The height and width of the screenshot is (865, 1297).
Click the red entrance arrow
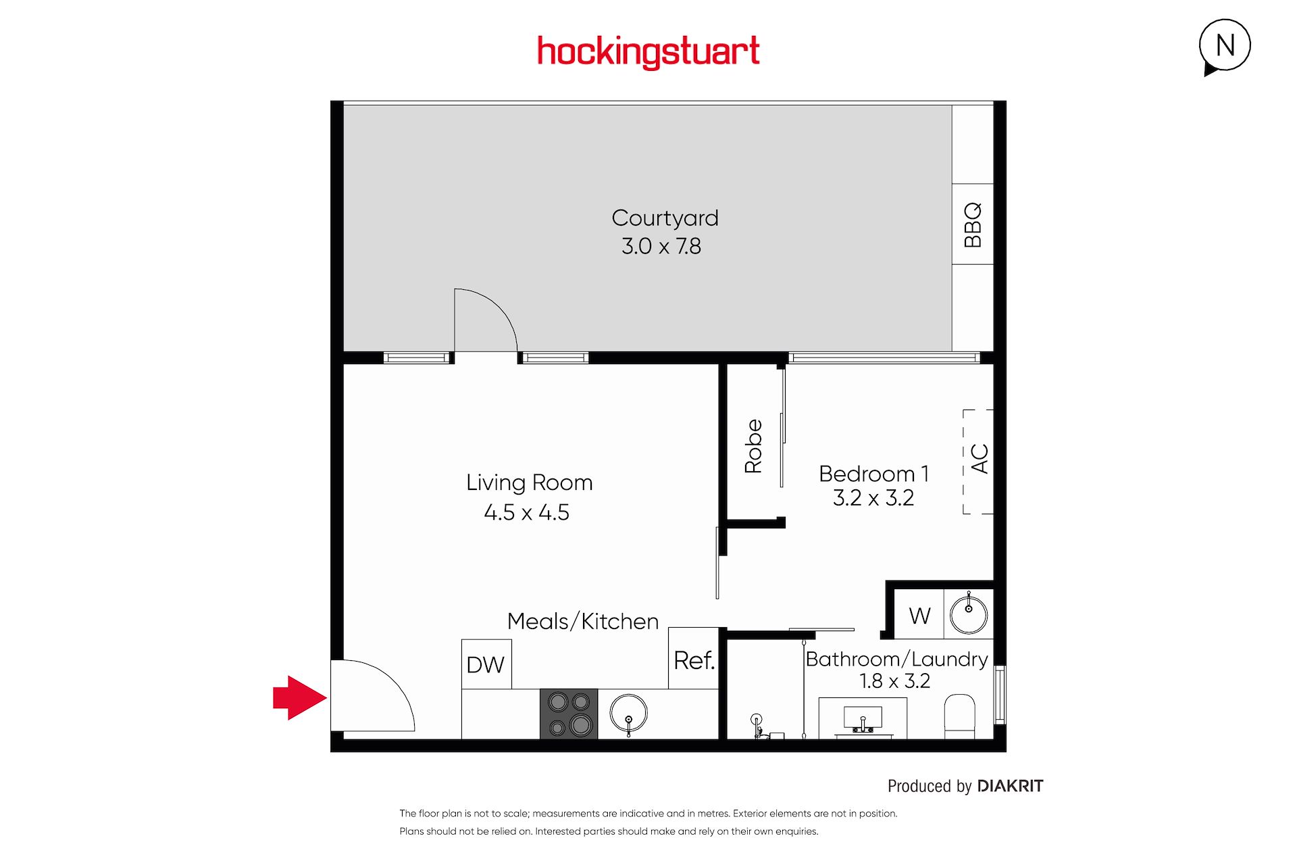point(300,697)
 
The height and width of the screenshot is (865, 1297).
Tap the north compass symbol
point(1225,47)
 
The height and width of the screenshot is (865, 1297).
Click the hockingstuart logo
point(648,52)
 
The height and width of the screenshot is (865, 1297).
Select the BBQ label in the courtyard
point(973,224)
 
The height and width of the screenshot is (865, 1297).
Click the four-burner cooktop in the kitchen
point(569,714)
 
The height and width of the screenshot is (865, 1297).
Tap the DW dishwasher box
point(486,664)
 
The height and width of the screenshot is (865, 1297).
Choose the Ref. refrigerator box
point(694,658)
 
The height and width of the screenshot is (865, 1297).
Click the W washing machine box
point(919,614)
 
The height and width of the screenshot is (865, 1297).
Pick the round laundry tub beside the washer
point(969,614)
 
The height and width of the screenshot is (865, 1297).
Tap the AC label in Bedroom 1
point(980,459)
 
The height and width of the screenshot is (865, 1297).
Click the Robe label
point(753,446)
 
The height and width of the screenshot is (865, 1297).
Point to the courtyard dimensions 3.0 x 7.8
point(661,246)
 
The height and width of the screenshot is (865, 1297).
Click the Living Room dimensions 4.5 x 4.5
point(527,512)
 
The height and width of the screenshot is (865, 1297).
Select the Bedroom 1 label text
point(874,474)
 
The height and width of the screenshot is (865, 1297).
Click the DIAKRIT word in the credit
point(1011,786)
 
